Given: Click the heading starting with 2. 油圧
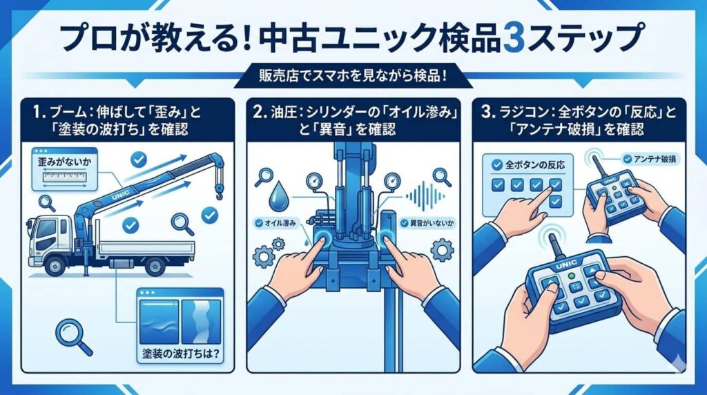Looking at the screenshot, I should click(353, 119).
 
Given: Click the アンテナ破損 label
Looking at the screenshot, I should click(650, 158).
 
